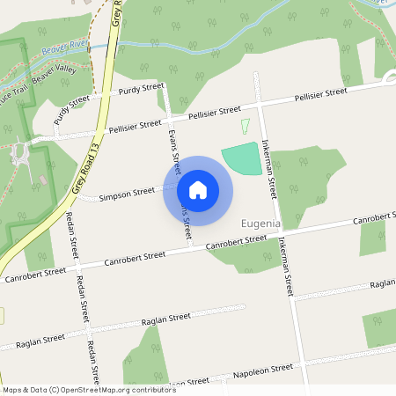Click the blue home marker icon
(x=198, y=189)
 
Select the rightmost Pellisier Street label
(x=320, y=93)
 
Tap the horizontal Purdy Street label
(x=141, y=90)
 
